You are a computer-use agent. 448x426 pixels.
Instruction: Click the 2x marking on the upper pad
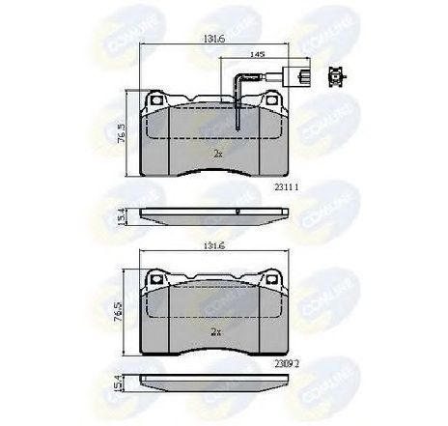point(217,153)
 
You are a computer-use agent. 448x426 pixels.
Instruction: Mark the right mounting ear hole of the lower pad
point(274,280)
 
